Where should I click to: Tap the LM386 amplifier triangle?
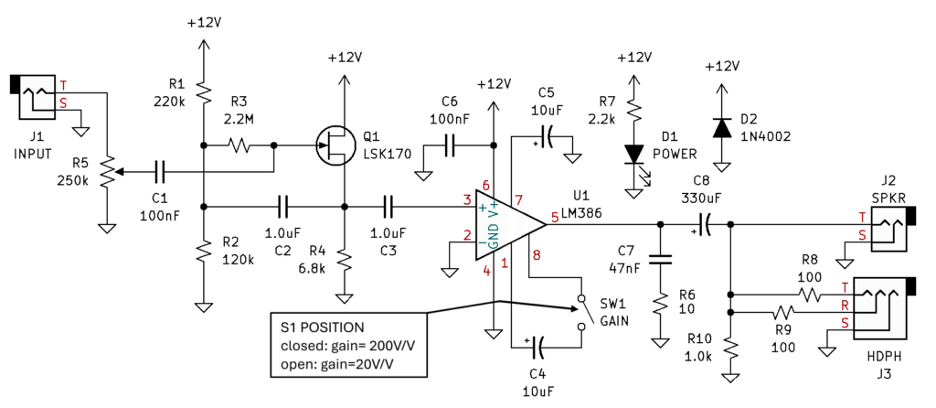(x=510, y=225)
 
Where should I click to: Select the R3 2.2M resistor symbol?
(x=239, y=145)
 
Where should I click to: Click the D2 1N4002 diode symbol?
(x=723, y=128)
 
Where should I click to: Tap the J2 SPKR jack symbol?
(x=893, y=228)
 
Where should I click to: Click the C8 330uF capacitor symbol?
(x=705, y=225)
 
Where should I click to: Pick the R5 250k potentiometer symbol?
(x=108, y=172)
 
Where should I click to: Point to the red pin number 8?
(x=536, y=256)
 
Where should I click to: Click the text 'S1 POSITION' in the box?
(x=322, y=327)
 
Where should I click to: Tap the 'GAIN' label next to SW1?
(x=610, y=319)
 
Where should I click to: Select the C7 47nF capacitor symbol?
(x=660, y=259)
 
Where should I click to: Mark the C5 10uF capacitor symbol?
(x=547, y=137)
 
